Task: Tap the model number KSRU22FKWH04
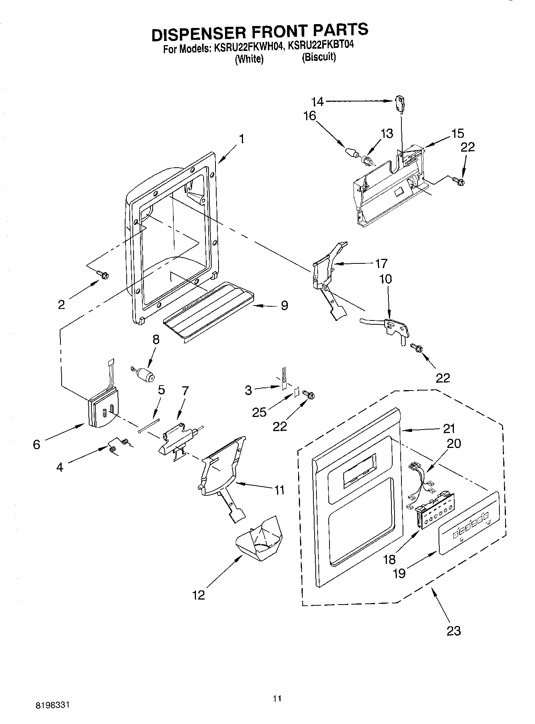coord(249,49)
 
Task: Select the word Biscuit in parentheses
coord(319,57)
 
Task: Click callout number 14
coord(317,101)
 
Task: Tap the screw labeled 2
coord(103,274)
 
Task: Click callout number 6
coord(36,445)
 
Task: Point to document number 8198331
coord(52,704)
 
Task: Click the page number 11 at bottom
coord(277,699)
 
